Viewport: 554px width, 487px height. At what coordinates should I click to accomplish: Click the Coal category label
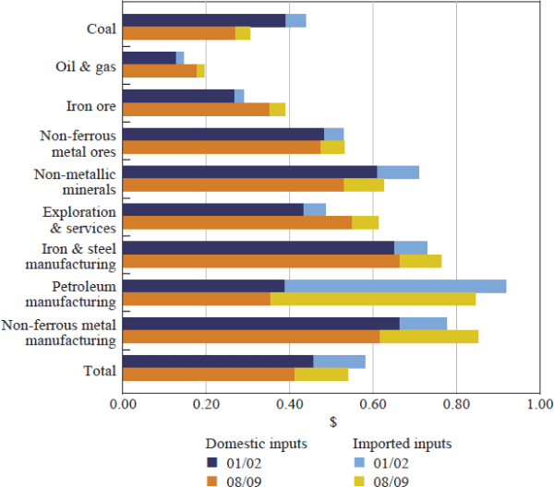point(101,29)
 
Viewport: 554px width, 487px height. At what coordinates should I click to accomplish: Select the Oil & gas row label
point(86,66)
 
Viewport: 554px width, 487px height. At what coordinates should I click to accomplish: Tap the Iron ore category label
point(91,104)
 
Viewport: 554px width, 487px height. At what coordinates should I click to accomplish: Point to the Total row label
point(99,370)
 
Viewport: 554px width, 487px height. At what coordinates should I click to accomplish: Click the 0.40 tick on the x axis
point(289,404)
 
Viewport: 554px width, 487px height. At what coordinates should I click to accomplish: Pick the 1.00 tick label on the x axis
point(539,404)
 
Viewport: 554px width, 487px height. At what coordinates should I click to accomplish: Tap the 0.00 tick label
point(122,404)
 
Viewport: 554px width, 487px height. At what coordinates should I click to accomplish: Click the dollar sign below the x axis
point(331,422)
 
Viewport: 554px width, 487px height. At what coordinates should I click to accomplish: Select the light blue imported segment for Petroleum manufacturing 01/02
point(395,286)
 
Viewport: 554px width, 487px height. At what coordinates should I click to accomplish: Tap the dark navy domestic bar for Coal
point(203,20)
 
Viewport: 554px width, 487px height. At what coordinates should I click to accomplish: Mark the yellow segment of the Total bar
point(321,374)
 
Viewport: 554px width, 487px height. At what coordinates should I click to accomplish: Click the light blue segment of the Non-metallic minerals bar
point(398,172)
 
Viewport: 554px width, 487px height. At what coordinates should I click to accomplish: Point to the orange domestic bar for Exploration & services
point(236,222)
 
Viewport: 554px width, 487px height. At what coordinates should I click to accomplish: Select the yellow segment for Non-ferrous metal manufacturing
point(428,337)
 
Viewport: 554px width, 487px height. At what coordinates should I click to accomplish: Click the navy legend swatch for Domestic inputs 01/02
point(211,462)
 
